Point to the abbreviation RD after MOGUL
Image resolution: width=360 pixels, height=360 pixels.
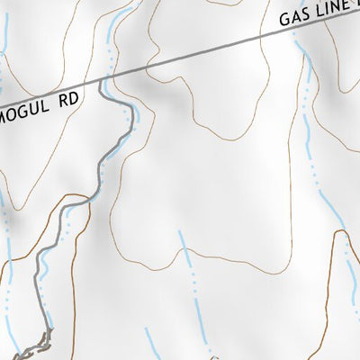coord(68,103)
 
